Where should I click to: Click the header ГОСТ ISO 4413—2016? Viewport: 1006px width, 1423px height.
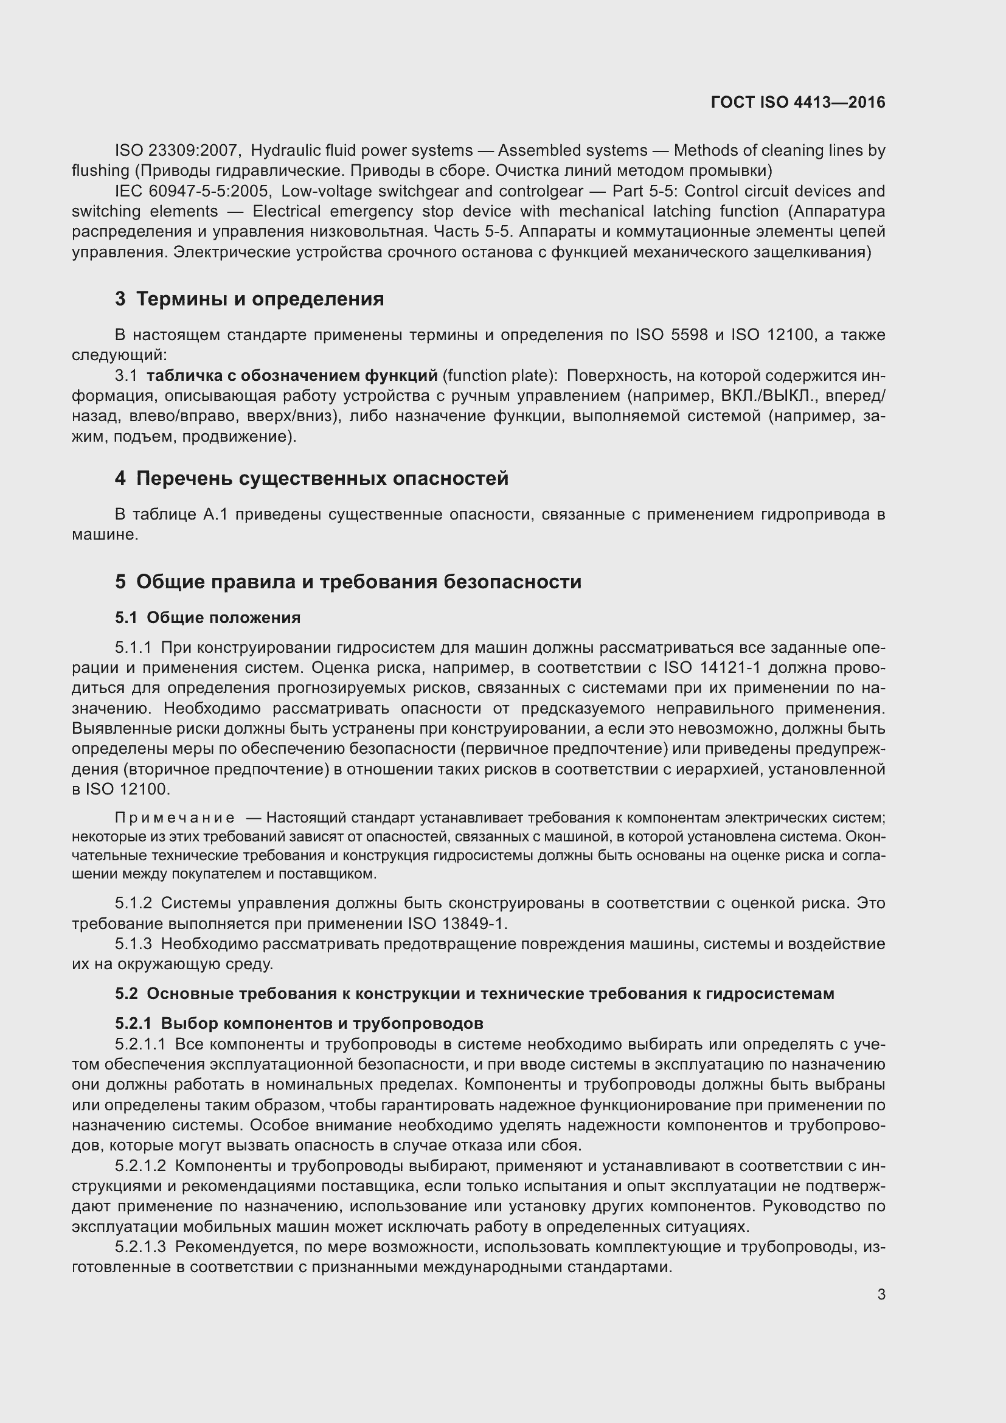point(798,102)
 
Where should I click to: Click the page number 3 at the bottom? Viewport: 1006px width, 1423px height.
point(881,1294)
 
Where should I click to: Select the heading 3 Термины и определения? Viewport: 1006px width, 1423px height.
point(249,299)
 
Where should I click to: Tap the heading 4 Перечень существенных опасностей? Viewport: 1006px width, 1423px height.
point(311,478)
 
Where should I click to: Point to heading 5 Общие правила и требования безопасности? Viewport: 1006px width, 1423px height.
point(347,582)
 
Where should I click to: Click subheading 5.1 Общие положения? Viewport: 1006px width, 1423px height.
point(207,618)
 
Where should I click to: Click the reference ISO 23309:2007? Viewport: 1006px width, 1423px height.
point(177,151)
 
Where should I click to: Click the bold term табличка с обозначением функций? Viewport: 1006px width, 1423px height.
point(292,375)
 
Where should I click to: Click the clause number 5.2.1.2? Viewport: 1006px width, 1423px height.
point(140,1166)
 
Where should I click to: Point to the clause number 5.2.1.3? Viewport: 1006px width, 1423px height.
point(140,1247)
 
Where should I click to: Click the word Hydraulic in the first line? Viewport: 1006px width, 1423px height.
point(282,151)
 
